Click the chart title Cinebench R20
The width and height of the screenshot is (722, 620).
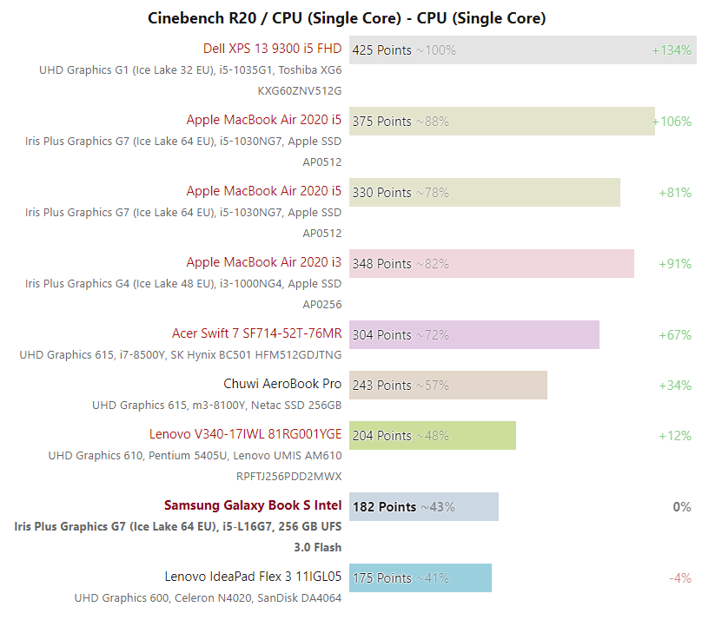[x=347, y=17]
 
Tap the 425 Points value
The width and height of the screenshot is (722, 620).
[x=382, y=50]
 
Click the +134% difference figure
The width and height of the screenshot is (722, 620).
[x=672, y=50]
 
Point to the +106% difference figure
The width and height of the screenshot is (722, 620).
[x=672, y=122]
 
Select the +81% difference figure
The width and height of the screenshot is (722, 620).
[x=675, y=193]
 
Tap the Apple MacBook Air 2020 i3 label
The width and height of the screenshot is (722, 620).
[x=264, y=262]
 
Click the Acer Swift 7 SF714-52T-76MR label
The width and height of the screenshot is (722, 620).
[x=257, y=333]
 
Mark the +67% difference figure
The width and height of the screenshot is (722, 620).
[x=675, y=335]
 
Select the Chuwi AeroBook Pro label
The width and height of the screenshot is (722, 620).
[x=282, y=384]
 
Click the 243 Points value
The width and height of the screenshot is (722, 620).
[x=382, y=386]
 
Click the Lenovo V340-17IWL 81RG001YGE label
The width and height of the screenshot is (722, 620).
[x=246, y=434]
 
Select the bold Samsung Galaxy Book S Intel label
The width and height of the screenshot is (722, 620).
[x=253, y=505]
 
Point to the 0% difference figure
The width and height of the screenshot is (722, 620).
[x=682, y=507]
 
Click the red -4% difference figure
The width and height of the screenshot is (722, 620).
[x=680, y=578]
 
